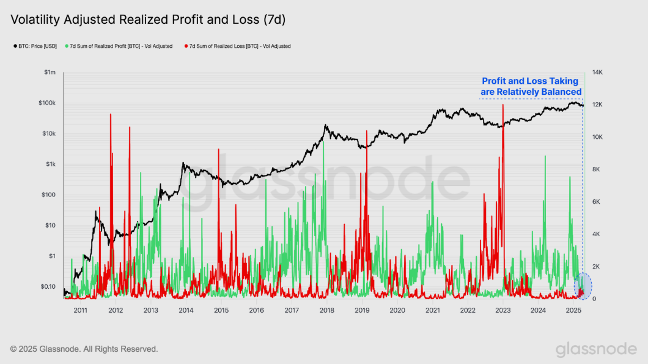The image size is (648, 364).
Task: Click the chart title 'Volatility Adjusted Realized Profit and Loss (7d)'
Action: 149,20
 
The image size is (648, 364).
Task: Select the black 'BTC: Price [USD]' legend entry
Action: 35,46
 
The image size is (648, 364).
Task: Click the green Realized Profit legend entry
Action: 121,46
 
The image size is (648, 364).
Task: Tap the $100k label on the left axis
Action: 47,103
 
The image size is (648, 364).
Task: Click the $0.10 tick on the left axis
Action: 47,286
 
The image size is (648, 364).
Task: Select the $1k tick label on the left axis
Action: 49,164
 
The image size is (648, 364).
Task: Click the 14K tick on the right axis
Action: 597,72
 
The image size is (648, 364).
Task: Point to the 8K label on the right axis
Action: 595,169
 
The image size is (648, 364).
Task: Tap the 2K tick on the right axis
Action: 595,267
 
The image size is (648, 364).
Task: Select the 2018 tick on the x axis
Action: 327,310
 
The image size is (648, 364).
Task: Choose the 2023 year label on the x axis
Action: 503,310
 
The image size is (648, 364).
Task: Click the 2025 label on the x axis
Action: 573,310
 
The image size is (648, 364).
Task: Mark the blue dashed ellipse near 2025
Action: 583,286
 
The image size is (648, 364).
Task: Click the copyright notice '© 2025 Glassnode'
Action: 84,349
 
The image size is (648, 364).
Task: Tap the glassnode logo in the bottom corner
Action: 596,349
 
